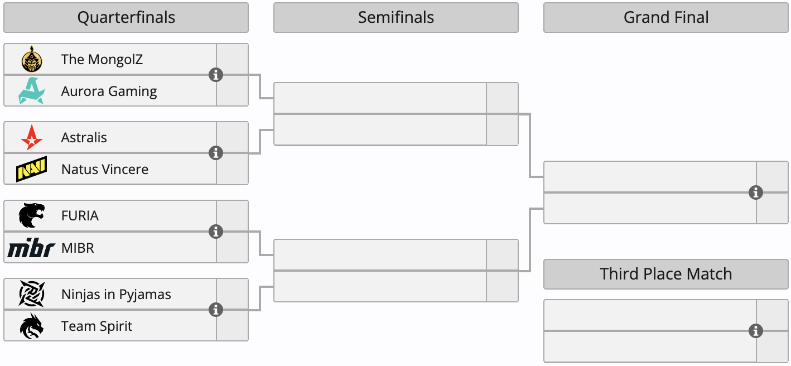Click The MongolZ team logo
tap(32, 59)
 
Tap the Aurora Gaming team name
tap(109, 91)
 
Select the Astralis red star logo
tap(32, 137)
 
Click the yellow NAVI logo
tap(31, 169)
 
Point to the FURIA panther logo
tap(32, 215)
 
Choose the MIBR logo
tap(31, 248)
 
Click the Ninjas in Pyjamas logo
tap(32, 293)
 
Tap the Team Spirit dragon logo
tap(32, 326)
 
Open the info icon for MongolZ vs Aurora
tap(216, 75)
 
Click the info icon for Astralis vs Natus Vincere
tap(216, 153)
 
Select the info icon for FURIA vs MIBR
tap(216, 232)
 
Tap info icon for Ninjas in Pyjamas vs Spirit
tap(216, 310)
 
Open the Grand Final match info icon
tap(756, 192)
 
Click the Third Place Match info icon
tap(756, 331)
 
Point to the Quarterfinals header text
tap(126, 17)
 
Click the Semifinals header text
tap(396, 17)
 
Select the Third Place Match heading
tap(665, 274)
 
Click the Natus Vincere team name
tap(105, 169)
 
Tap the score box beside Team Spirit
tap(233, 326)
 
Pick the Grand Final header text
tap(665, 17)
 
